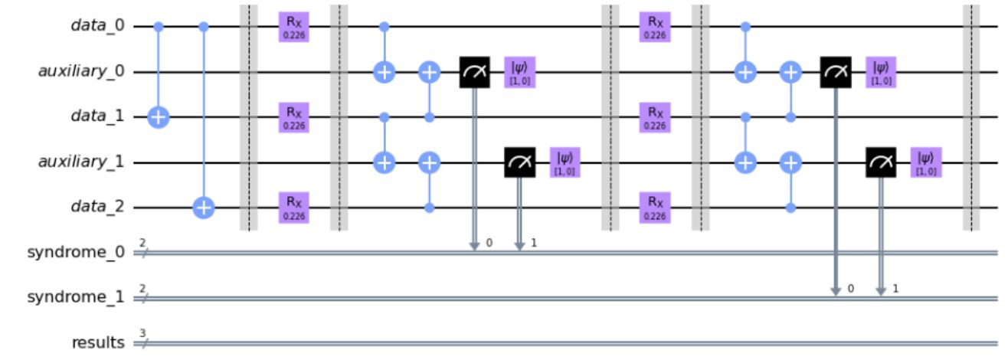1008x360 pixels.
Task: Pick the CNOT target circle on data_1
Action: (x=159, y=118)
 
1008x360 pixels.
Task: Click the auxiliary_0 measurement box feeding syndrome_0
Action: (x=474, y=73)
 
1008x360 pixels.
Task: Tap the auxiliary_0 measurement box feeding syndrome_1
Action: (x=835, y=73)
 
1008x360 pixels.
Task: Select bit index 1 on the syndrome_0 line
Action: (x=535, y=244)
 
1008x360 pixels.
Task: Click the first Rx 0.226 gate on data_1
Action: (x=293, y=118)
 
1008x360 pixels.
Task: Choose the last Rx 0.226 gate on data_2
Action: (x=655, y=208)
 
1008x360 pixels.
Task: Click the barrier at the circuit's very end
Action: (x=971, y=118)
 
